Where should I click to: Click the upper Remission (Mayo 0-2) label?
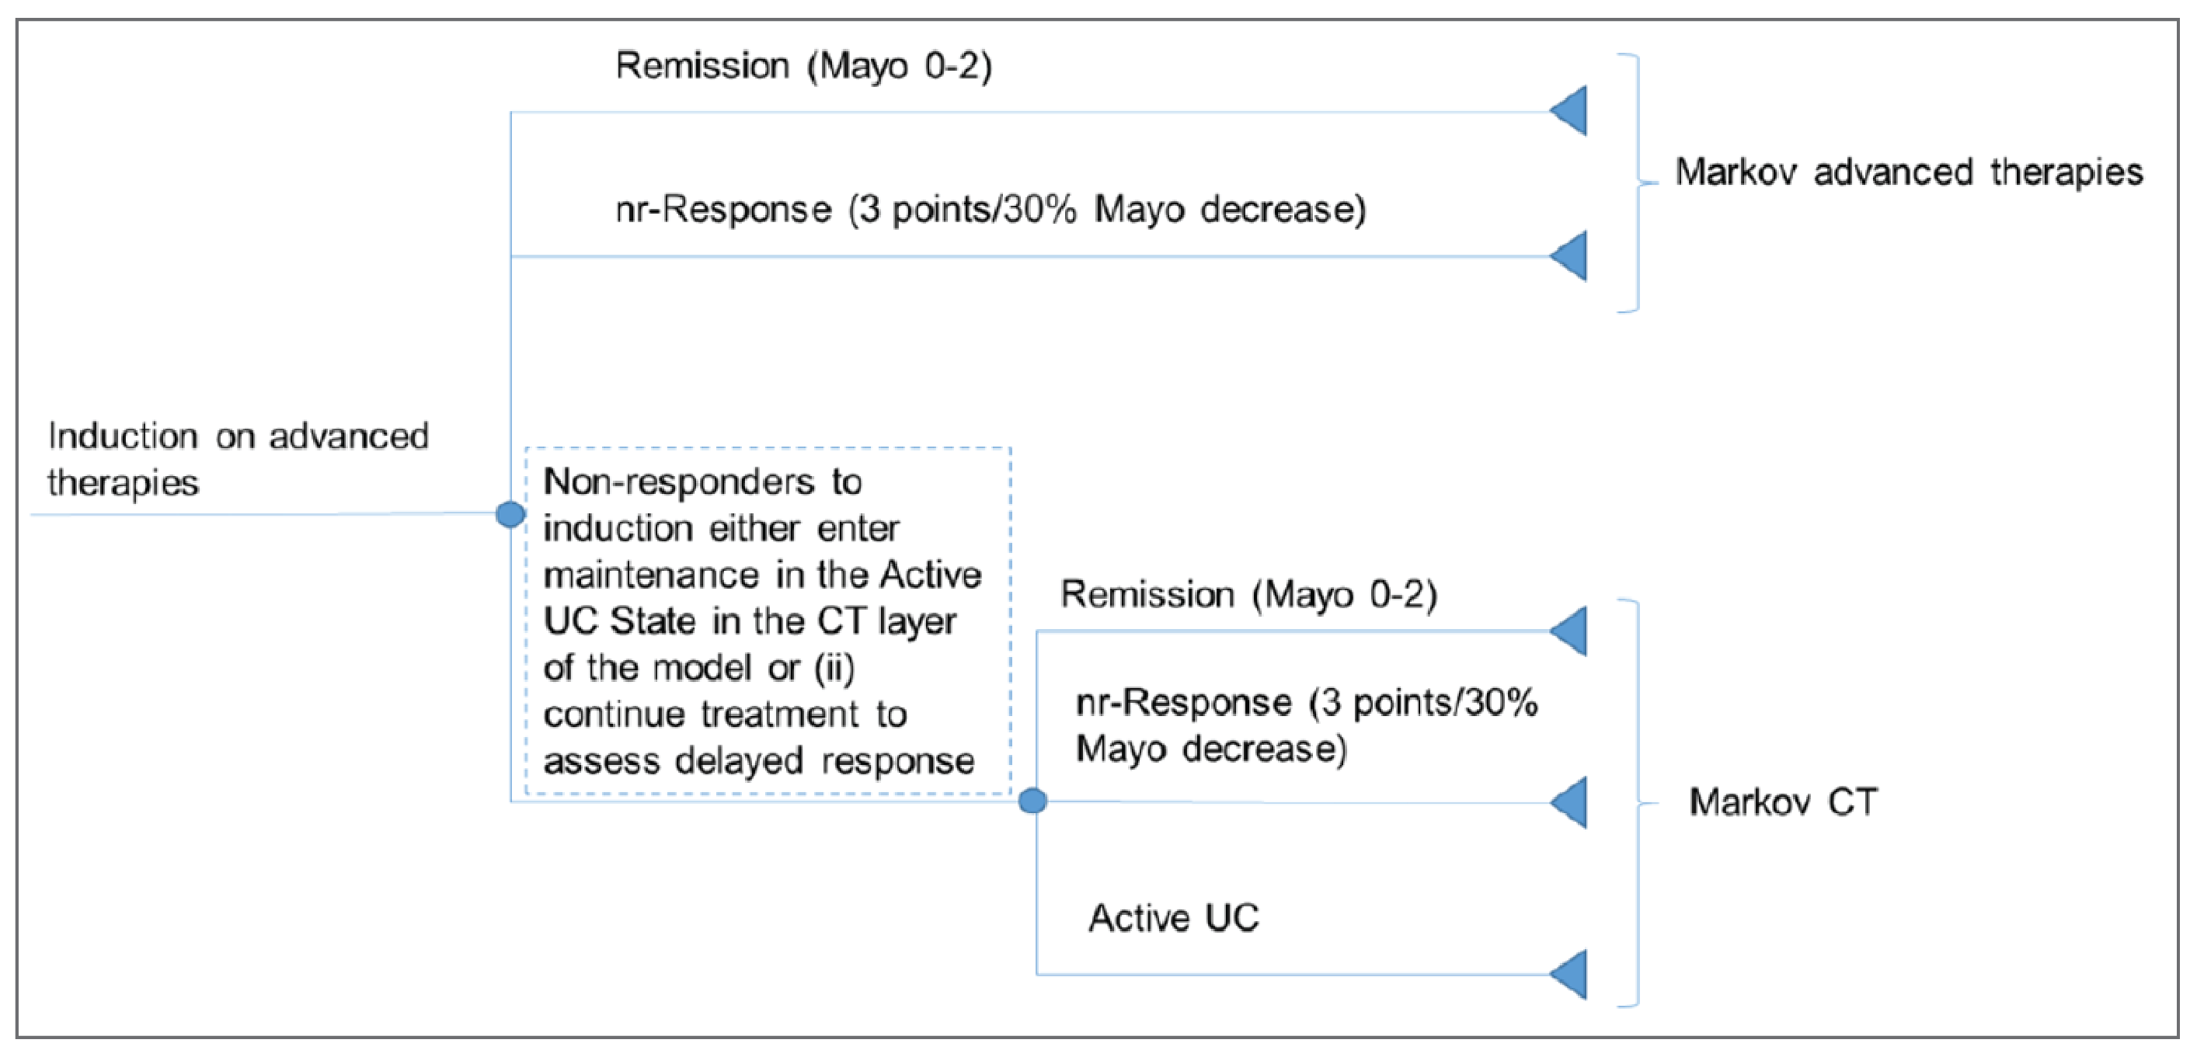803,66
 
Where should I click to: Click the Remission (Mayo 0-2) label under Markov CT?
1248,594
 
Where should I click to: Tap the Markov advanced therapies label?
1909,172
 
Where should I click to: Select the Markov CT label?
1783,802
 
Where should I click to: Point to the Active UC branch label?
1173,918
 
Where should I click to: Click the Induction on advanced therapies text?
238,459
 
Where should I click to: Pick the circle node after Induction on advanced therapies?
510,514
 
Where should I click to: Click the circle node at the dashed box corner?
1032,801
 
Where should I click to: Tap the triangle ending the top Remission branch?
1569,110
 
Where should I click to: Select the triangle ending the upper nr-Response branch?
1569,255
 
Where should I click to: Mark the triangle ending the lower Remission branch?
1569,631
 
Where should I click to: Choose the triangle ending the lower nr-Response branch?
1569,801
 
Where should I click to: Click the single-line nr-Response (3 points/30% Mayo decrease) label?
991,210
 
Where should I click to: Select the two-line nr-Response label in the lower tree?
1306,725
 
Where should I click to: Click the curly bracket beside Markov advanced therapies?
1637,183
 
